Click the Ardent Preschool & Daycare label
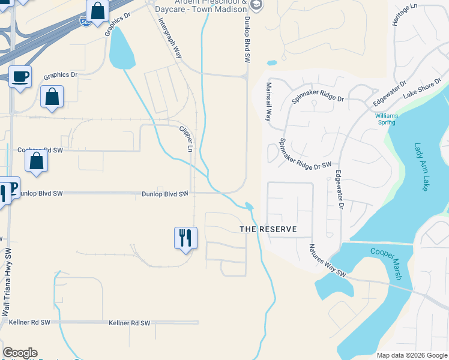point(200,6)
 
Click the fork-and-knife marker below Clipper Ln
point(185,238)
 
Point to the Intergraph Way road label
point(170,37)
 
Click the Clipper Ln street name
point(187,138)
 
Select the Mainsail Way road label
point(269,101)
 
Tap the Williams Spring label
point(385,119)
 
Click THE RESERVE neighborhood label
point(268,230)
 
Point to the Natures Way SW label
point(328,260)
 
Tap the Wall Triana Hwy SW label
point(7,283)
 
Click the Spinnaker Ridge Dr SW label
point(306,154)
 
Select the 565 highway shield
point(86,22)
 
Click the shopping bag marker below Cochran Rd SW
point(37,161)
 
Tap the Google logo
point(20,353)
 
